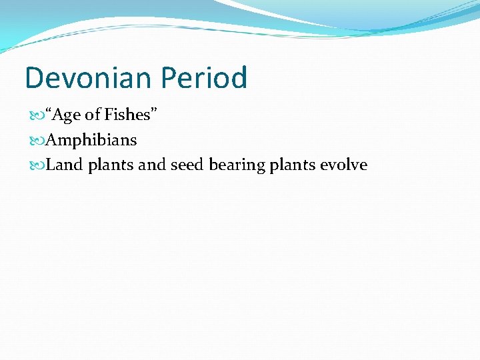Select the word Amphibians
point(91,140)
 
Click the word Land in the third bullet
point(64,165)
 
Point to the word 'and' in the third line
point(153,165)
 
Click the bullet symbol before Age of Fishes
point(37,116)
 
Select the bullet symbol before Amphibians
point(37,141)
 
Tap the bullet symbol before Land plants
point(37,165)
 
